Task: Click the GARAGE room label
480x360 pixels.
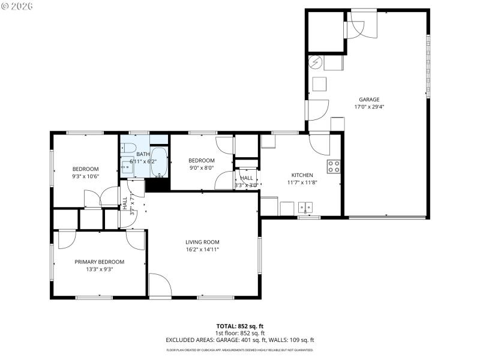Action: (x=369, y=100)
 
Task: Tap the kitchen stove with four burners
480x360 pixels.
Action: (x=334, y=166)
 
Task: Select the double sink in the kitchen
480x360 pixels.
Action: (x=305, y=208)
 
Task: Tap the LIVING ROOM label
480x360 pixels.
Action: (x=202, y=242)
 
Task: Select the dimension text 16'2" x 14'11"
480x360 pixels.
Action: (x=202, y=250)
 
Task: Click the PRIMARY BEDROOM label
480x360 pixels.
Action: (x=99, y=262)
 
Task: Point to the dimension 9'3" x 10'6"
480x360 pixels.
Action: (x=85, y=176)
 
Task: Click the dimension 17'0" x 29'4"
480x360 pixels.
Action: (x=369, y=107)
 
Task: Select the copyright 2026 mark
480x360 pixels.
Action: (x=17, y=5)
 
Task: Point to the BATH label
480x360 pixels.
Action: (x=143, y=154)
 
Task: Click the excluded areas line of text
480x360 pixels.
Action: (x=239, y=340)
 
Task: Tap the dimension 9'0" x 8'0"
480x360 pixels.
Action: (x=201, y=169)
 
